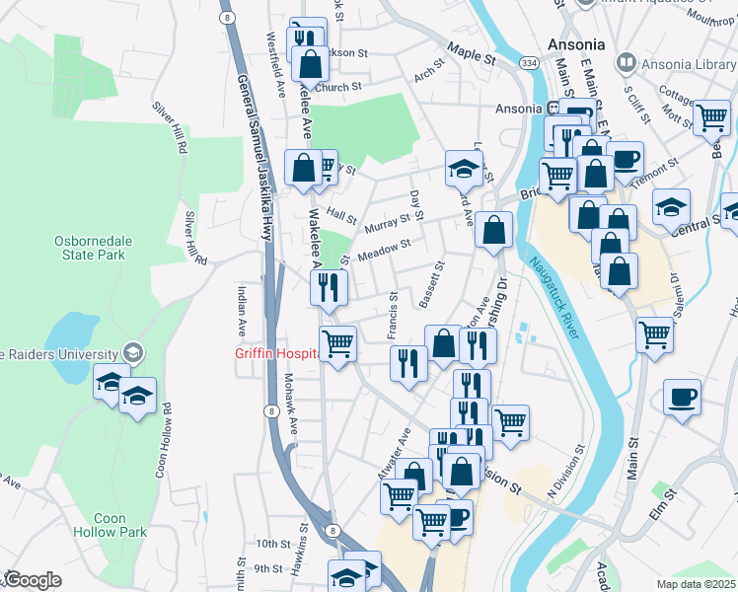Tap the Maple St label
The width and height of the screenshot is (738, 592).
pyautogui.click(x=470, y=51)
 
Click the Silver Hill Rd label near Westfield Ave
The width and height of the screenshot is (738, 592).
pyautogui.click(x=169, y=128)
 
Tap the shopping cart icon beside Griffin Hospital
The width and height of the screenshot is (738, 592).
pyautogui.click(x=337, y=344)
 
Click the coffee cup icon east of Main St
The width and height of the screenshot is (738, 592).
pyautogui.click(x=682, y=397)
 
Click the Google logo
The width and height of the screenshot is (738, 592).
pyautogui.click(x=32, y=580)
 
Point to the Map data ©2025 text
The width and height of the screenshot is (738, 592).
pyautogui.click(x=696, y=584)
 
